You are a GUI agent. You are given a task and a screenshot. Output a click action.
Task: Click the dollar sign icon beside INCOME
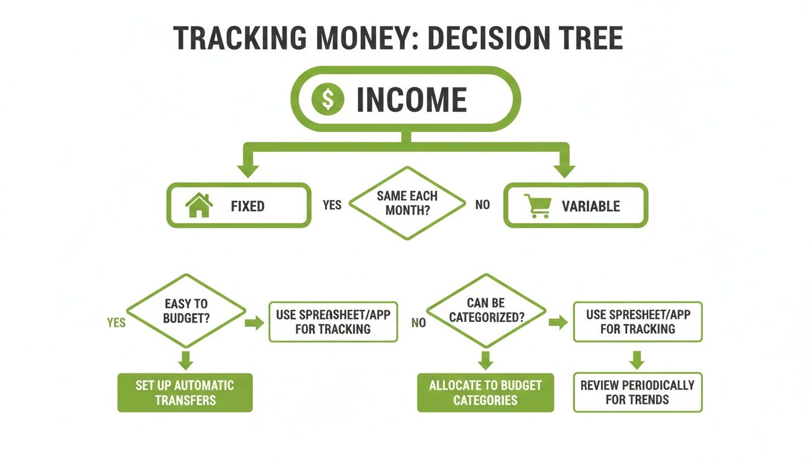pyautogui.click(x=327, y=99)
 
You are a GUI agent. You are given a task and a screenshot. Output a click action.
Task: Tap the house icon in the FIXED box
pyautogui.click(x=199, y=206)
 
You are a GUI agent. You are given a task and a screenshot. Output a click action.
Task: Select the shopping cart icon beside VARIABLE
pyautogui.click(x=537, y=206)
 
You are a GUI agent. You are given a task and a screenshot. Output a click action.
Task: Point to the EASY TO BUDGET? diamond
pyautogui.click(x=186, y=311)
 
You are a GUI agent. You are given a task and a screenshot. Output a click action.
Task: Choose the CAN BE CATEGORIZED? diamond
pyautogui.click(x=486, y=310)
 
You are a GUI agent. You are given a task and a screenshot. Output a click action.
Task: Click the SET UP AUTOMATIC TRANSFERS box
pyautogui.click(x=185, y=392)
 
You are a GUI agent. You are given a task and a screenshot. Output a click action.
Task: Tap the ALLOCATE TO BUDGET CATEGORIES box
pyautogui.click(x=485, y=392)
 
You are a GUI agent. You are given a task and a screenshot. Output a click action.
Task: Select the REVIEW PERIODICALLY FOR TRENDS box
pyautogui.click(x=637, y=392)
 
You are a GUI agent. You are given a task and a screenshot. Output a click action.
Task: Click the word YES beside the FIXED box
pyautogui.click(x=332, y=205)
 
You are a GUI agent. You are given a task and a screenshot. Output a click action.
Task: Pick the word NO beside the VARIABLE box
pyautogui.click(x=483, y=205)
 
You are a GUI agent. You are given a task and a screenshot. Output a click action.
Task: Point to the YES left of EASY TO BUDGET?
pyautogui.click(x=116, y=323)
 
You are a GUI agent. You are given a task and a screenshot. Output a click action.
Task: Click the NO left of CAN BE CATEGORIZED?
pyautogui.click(x=418, y=323)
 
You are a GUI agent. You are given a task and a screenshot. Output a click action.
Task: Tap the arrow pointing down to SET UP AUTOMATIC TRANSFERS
pyautogui.click(x=186, y=359)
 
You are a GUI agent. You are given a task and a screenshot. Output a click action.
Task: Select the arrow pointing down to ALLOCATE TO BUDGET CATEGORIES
pyautogui.click(x=486, y=359)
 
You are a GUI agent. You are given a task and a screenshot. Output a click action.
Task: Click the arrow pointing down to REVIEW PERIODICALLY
pyautogui.click(x=637, y=359)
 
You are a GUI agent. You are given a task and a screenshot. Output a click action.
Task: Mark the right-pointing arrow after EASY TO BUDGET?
pyautogui.click(x=255, y=323)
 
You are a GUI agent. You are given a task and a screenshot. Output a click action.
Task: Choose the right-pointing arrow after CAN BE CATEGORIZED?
pyautogui.click(x=558, y=322)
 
